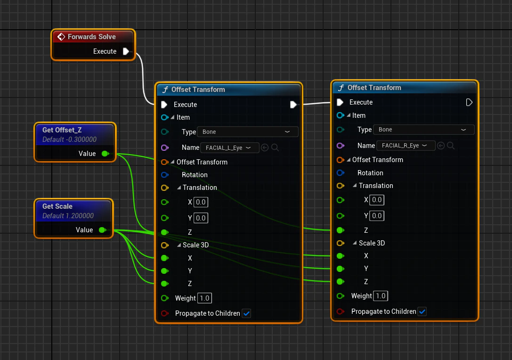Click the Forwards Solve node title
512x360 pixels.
pyautogui.click(x=91, y=37)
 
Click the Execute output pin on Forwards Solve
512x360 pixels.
pyautogui.click(x=126, y=51)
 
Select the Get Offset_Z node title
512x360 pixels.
pyautogui.click(x=62, y=130)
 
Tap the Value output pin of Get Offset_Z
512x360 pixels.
pyautogui.click(x=105, y=154)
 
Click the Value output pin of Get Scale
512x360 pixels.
pyautogui.click(x=103, y=230)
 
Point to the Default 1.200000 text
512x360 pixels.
pyautogui.click(x=68, y=216)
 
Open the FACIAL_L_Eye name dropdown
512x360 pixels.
pyautogui.click(x=229, y=147)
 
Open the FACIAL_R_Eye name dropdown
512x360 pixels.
pyautogui.click(x=406, y=146)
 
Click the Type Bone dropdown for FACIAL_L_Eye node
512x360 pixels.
pyautogui.click(x=247, y=131)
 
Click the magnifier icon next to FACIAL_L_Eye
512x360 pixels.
pyautogui.click(x=275, y=147)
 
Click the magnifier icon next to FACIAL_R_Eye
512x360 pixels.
pyautogui.click(x=451, y=146)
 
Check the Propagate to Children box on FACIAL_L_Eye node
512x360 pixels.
pyautogui.click(x=246, y=313)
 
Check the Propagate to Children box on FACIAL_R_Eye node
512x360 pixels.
pyautogui.click(x=422, y=311)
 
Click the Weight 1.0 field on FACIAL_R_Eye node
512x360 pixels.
pyautogui.click(x=381, y=296)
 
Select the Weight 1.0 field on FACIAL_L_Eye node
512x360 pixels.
pyautogui.click(x=204, y=298)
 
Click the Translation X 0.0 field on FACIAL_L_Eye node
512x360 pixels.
pyautogui.click(x=201, y=202)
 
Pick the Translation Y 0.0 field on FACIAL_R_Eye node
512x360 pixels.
pyautogui.click(x=376, y=216)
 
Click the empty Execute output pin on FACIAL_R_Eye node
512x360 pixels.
pyautogui.click(x=469, y=102)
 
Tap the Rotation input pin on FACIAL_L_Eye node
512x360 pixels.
pyautogui.click(x=165, y=175)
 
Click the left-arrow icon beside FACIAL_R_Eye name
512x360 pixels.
pyautogui.click(x=441, y=146)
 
